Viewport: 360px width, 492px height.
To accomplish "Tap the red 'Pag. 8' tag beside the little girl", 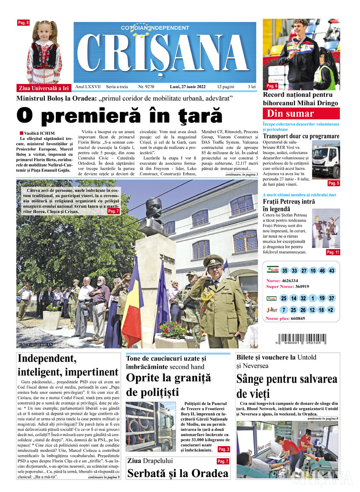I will click(23, 22).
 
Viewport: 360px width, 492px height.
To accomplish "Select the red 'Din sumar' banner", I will click(301, 114).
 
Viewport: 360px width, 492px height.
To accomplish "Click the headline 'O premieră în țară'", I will click(119, 115).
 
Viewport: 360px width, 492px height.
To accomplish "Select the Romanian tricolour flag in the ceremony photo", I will click(132, 298).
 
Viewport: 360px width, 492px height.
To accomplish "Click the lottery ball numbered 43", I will click(331, 271).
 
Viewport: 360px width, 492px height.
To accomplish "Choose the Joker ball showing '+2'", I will click(331, 310).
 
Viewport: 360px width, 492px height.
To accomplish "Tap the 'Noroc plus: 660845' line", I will click(285, 318).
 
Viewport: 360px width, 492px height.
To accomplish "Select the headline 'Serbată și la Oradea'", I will click(178, 474).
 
